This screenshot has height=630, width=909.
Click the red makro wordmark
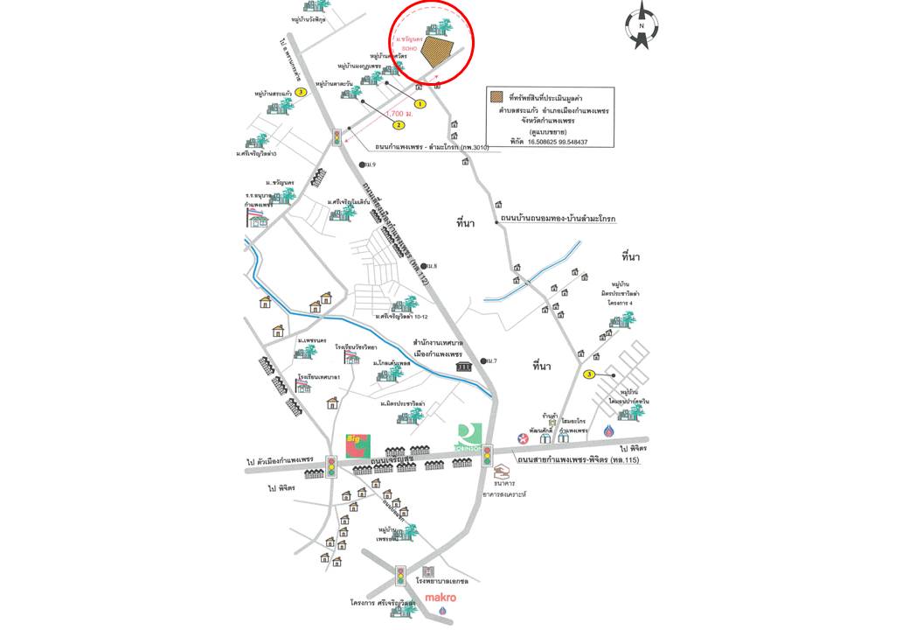tap(441, 598)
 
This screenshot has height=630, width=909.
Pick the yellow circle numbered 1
tap(420, 103)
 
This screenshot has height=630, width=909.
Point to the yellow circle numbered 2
tap(399, 125)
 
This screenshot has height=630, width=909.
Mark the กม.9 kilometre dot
tap(360, 164)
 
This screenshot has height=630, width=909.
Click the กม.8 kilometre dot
tap(424, 266)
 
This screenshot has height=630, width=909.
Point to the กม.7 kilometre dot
tap(482, 360)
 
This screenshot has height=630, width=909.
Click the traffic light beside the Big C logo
tap(331, 466)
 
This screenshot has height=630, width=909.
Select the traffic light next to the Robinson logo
tap(488, 455)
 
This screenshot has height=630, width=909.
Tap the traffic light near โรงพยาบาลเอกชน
tap(400, 576)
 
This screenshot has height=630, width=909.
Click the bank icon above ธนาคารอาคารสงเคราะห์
tap(501, 471)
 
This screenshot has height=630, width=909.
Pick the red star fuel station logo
tap(523, 437)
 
